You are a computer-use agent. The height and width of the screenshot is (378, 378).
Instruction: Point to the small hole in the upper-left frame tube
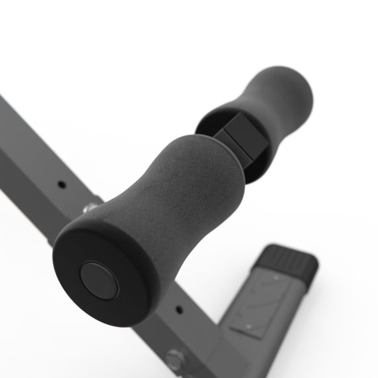60,184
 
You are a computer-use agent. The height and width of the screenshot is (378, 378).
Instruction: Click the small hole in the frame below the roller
178,308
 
